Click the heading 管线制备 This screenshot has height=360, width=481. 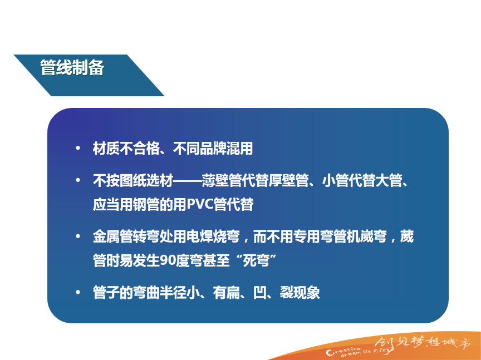[72, 67]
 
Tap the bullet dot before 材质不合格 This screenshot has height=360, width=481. [78, 148]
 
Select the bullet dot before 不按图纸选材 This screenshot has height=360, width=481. [78, 180]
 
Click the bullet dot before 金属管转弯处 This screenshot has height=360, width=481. [78, 236]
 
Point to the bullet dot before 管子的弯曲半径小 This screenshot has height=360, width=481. [78, 292]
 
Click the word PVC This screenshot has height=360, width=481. [200, 204]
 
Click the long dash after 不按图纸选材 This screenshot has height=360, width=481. [188, 181]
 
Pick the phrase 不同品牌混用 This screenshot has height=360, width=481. [213, 149]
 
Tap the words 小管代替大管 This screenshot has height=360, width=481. [362, 180]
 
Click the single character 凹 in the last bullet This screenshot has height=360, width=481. [260, 293]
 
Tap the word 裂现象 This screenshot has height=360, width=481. [300, 293]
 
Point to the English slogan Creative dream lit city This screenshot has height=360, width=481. [360, 352]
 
